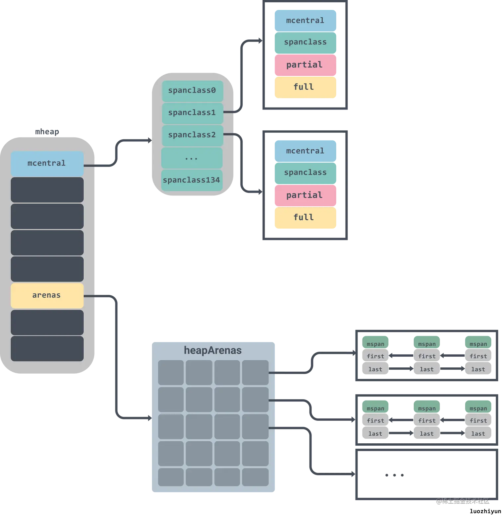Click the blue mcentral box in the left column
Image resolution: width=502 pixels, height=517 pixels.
(47, 163)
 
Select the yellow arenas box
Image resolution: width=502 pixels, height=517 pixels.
(47, 295)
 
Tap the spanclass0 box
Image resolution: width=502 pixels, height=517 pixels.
(192, 91)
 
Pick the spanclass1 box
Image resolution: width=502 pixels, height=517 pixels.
(192, 113)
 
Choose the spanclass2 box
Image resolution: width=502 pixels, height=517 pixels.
(192, 135)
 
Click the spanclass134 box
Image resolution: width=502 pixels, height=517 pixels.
(192, 180)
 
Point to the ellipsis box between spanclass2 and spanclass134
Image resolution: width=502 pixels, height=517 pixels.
(192, 158)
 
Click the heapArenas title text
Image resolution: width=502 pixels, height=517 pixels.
(213, 350)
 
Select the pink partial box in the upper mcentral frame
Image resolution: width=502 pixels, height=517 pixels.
(305, 65)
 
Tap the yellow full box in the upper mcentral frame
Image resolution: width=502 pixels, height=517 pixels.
(305, 87)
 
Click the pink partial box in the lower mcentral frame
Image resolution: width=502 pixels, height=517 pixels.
(305, 195)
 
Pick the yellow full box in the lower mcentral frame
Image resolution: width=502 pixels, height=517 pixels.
(305, 218)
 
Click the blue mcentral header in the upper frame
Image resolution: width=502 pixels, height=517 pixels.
(305, 21)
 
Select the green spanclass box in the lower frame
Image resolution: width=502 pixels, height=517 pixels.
(305, 173)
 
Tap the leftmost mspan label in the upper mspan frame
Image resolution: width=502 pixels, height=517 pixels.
(376, 344)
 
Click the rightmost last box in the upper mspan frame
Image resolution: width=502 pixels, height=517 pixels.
(478, 369)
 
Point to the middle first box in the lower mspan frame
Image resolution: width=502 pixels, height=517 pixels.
(427, 421)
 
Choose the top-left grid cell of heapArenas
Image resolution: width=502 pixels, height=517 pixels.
(171, 372)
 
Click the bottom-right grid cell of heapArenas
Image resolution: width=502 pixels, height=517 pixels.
(255, 477)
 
